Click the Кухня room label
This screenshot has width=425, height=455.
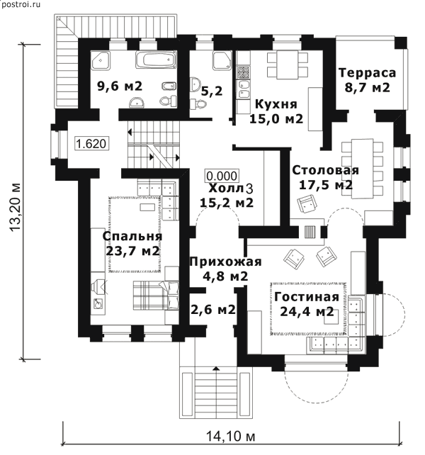click(x=276, y=104)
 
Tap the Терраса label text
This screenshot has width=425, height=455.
click(x=367, y=72)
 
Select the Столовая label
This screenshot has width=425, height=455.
click(x=325, y=170)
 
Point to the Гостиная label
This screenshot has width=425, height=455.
click(x=307, y=297)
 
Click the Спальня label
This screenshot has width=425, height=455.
click(x=132, y=236)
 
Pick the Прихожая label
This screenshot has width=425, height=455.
click(x=225, y=262)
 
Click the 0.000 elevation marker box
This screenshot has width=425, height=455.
click(x=222, y=176)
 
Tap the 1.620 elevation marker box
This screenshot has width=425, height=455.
click(x=92, y=143)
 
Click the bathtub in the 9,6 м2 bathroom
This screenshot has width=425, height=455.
click(x=156, y=60)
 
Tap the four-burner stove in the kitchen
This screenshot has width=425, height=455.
click(x=243, y=72)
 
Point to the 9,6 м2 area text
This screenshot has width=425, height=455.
click(x=120, y=86)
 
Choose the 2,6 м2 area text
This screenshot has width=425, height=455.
click(x=213, y=310)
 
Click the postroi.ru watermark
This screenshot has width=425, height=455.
click(x=21, y=4)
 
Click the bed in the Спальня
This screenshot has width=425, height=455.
click(x=156, y=296)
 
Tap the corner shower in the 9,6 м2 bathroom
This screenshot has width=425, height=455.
click(x=101, y=60)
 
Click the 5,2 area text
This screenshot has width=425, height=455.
click(x=212, y=91)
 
